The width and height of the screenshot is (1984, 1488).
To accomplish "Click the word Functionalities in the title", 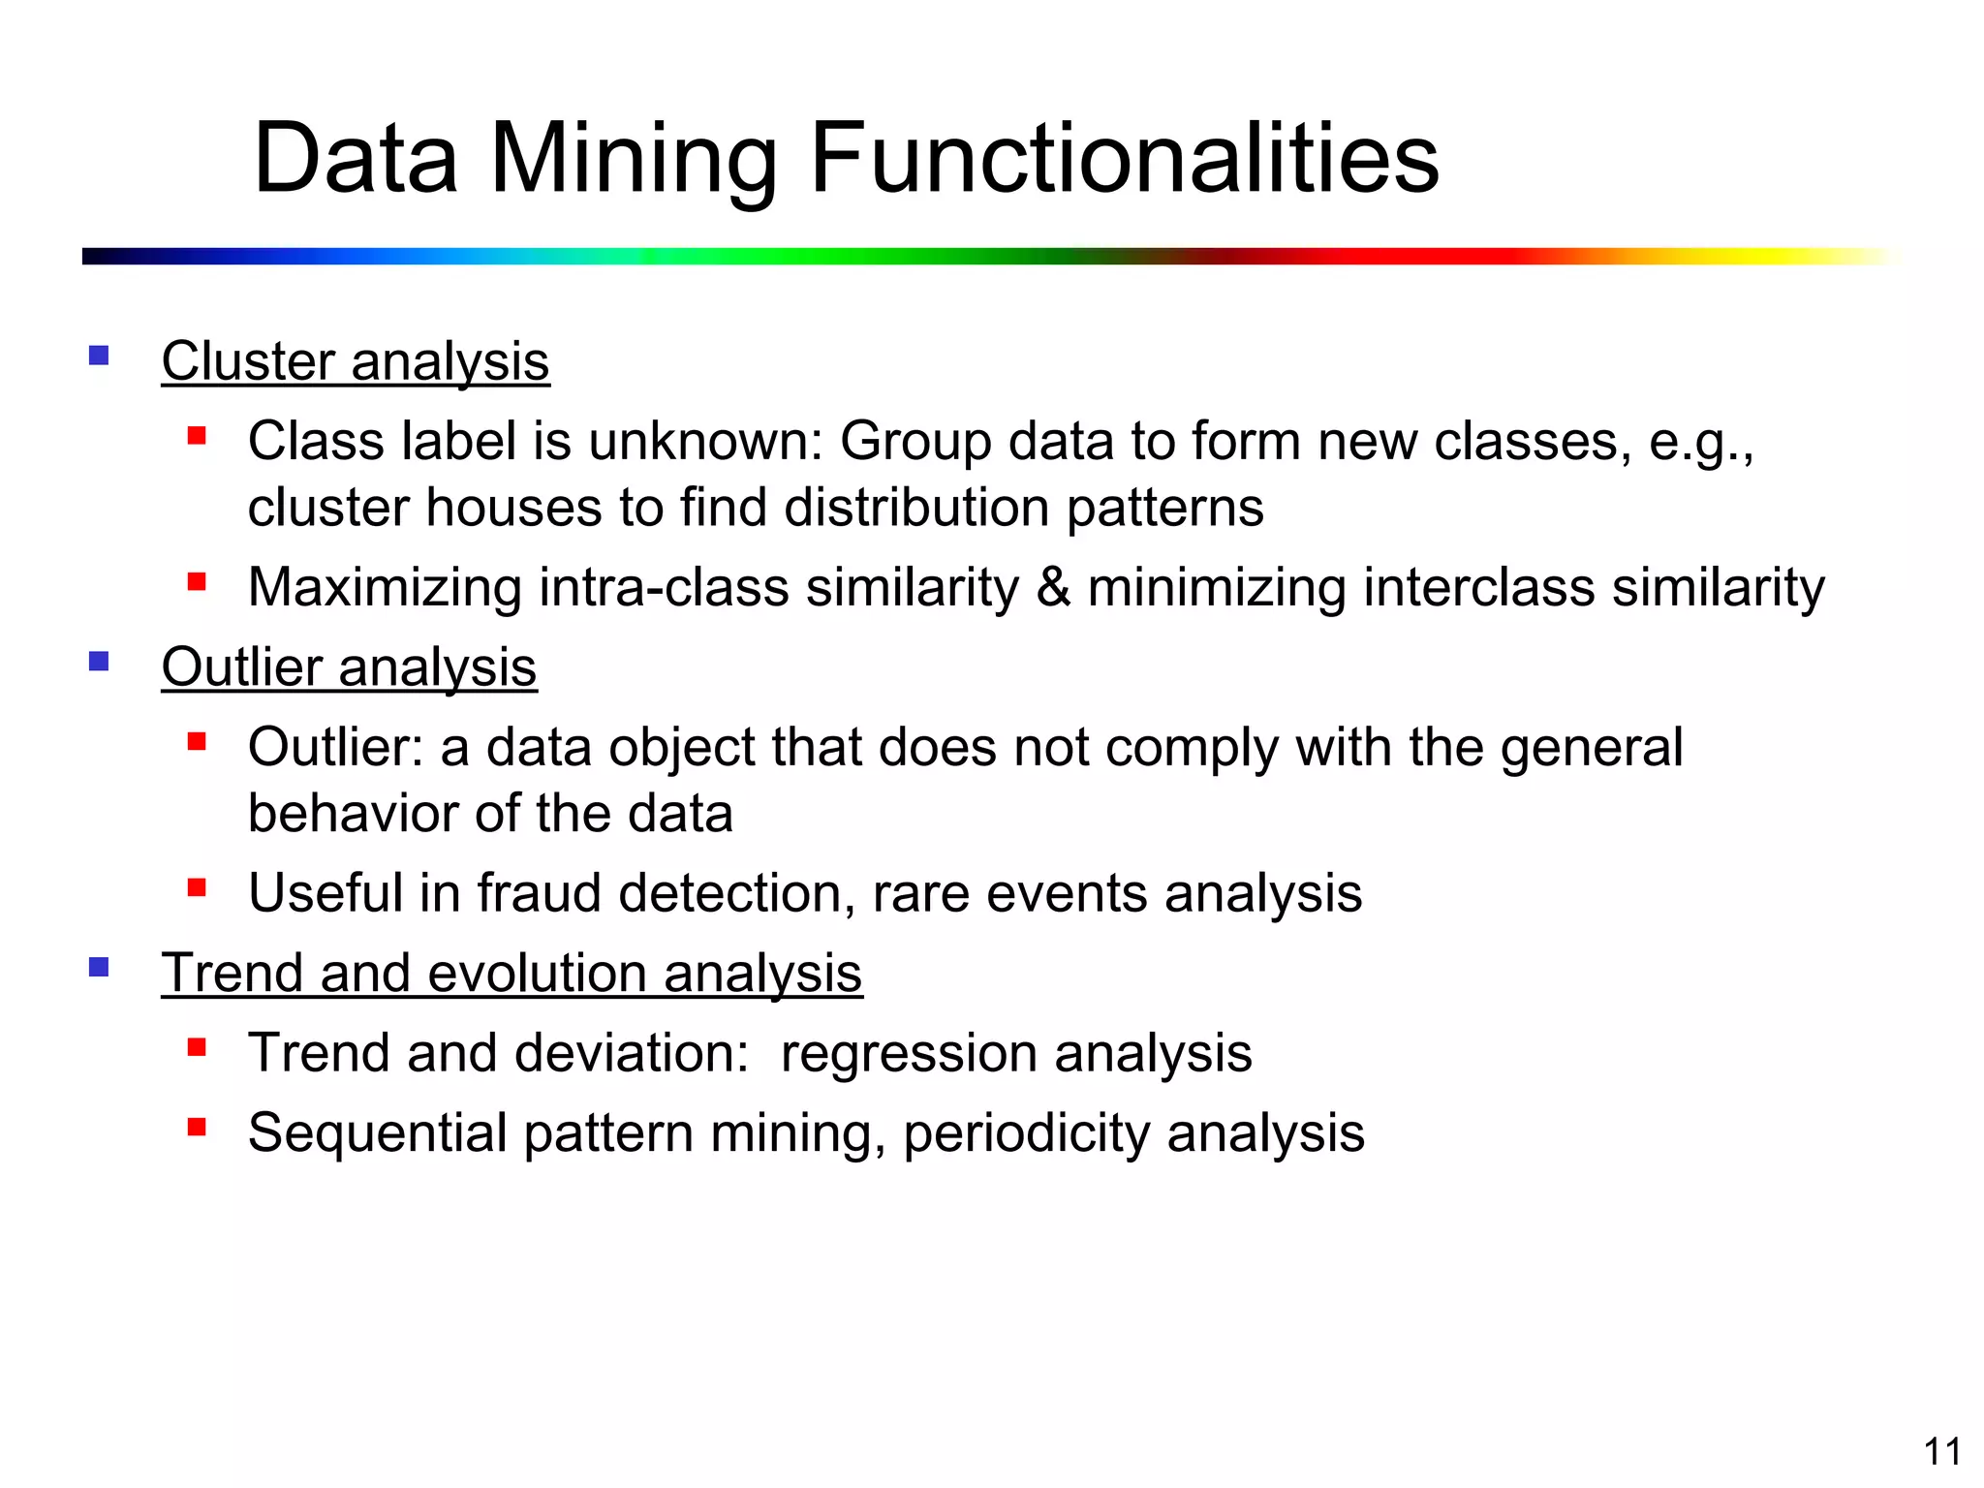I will [1124, 157].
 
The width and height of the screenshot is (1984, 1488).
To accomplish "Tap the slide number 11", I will [1942, 1451].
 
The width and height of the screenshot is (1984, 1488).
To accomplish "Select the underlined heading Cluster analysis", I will [356, 361].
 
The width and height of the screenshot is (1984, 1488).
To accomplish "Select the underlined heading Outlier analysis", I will [349, 667].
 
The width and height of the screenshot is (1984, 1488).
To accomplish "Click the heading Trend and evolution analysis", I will [511, 973].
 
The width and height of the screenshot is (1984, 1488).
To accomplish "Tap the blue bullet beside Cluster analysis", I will [99, 355].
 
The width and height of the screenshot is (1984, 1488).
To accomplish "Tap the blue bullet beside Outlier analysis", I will [99, 661].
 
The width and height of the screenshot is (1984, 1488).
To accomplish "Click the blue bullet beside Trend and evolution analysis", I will [99, 966].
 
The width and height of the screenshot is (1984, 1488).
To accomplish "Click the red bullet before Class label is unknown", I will [198, 436].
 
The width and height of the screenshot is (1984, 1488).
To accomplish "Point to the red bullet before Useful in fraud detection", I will [198, 887].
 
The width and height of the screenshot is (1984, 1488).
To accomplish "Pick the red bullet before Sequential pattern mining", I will [198, 1127].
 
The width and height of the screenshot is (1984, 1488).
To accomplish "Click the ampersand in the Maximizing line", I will [1053, 587].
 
